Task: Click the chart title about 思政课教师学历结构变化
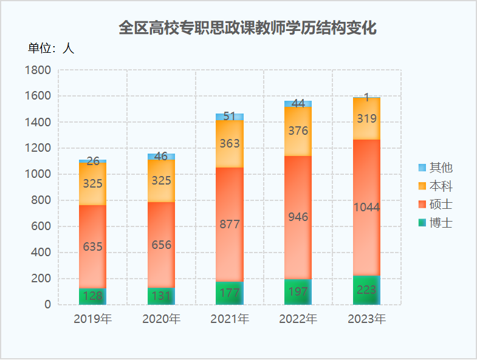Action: (247, 29)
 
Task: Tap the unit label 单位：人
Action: (51, 49)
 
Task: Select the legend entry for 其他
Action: (435, 168)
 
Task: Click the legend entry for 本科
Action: (435, 186)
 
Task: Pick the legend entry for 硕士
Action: (435, 204)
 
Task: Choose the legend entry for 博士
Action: (435, 222)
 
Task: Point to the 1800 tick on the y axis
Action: (38, 70)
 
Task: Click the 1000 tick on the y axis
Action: (38, 174)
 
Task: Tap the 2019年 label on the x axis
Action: (92, 319)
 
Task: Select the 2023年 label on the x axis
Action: (366, 319)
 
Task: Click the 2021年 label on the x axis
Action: (230, 319)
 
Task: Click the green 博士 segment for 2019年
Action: (92, 297)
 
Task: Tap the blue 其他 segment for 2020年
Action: (161, 157)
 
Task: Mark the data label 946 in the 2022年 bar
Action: (298, 217)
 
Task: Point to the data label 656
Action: (161, 245)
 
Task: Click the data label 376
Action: (298, 131)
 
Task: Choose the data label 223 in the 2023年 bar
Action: (366, 290)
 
